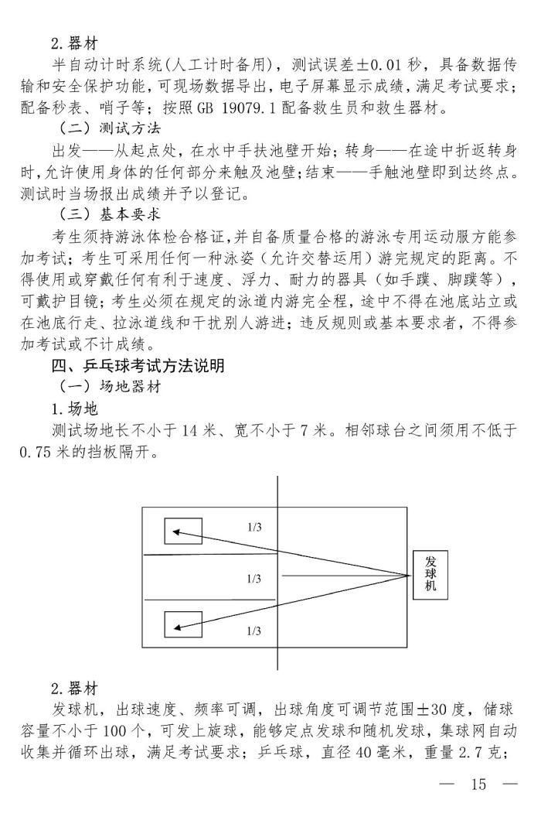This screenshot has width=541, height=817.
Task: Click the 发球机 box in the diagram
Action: [430, 576]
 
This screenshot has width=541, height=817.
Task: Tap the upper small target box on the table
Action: [183, 532]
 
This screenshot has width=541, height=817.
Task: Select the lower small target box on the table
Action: [183, 624]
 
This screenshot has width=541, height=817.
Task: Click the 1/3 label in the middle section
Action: [254, 578]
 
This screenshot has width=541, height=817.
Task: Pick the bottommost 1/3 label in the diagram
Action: [254, 631]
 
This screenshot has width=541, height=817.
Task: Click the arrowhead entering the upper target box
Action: [176, 532]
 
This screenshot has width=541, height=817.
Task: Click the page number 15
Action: [478, 785]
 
